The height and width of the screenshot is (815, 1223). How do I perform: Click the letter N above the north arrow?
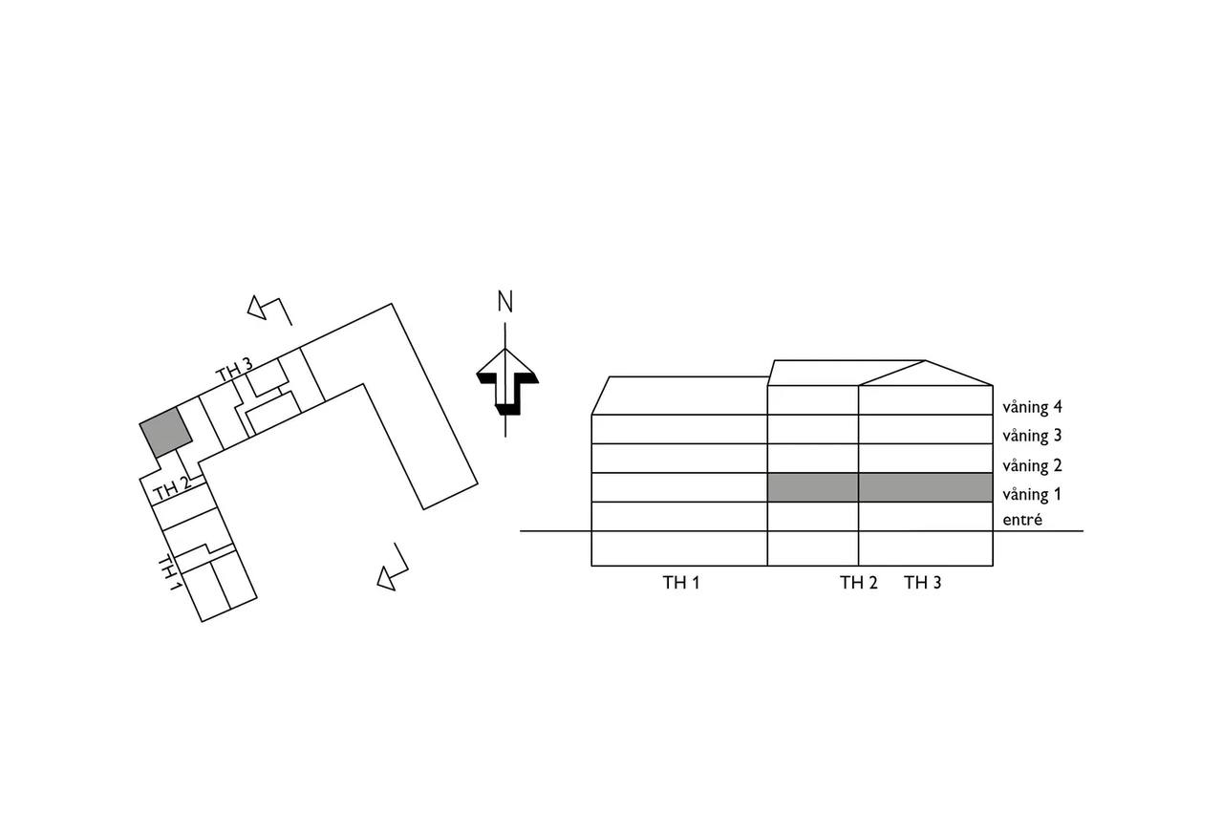[x=505, y=302]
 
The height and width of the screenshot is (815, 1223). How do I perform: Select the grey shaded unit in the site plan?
[x=166, y=432]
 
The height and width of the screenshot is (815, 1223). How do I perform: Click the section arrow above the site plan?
[x=269, y=310]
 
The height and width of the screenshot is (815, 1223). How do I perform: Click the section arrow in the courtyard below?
[x=393, y=567]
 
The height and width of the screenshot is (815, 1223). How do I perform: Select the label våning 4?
[x=1033, y=407]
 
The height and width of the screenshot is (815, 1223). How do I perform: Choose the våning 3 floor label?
[x=1033, y=436]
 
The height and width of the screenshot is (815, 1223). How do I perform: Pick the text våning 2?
[x=1033, y=465]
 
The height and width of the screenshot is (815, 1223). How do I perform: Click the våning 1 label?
[x=1033, y=495]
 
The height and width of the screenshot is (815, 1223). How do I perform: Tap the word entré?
[x=1022, y=520]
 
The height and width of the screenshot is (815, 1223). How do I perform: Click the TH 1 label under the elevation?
[x=681, y=583]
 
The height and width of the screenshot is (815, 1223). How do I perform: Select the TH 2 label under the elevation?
[x=859, y=583]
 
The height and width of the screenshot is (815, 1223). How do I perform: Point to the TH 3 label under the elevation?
[x=923, y=583]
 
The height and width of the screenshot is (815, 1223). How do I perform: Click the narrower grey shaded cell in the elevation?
[x=813, y=487]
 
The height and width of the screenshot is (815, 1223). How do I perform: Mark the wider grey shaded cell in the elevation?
[x=926, y=487]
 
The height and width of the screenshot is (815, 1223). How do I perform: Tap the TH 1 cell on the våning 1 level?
[x=679, y=487]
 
